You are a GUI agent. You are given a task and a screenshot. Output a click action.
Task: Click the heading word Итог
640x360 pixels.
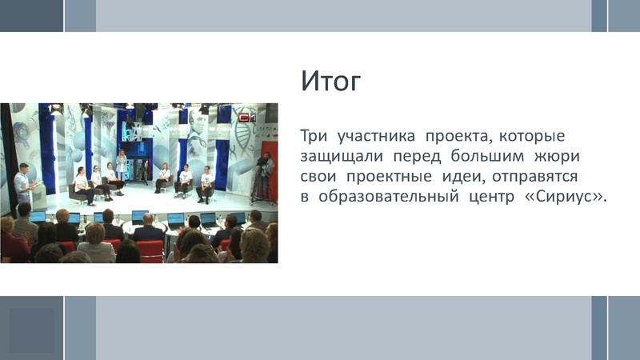click(x=331, y=82)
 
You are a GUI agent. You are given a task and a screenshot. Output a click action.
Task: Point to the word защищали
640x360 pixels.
click(x=342, y=155)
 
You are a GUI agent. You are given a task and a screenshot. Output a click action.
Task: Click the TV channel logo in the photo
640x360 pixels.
click(x=245, y=117)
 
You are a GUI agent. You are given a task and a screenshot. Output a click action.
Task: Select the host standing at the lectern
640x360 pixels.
click(x=23, y=183)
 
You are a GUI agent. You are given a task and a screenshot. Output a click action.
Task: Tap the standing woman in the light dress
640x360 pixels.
click(x=122, y=165)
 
